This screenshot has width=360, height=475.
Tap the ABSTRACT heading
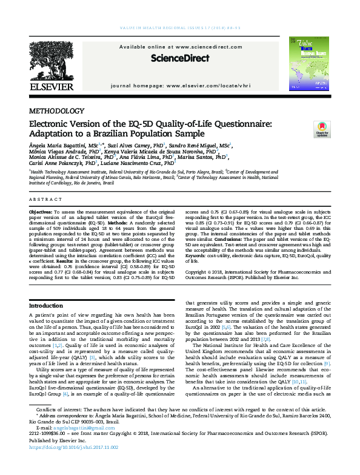coord(45,199)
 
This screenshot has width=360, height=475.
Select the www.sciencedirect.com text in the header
coord(198,47)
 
